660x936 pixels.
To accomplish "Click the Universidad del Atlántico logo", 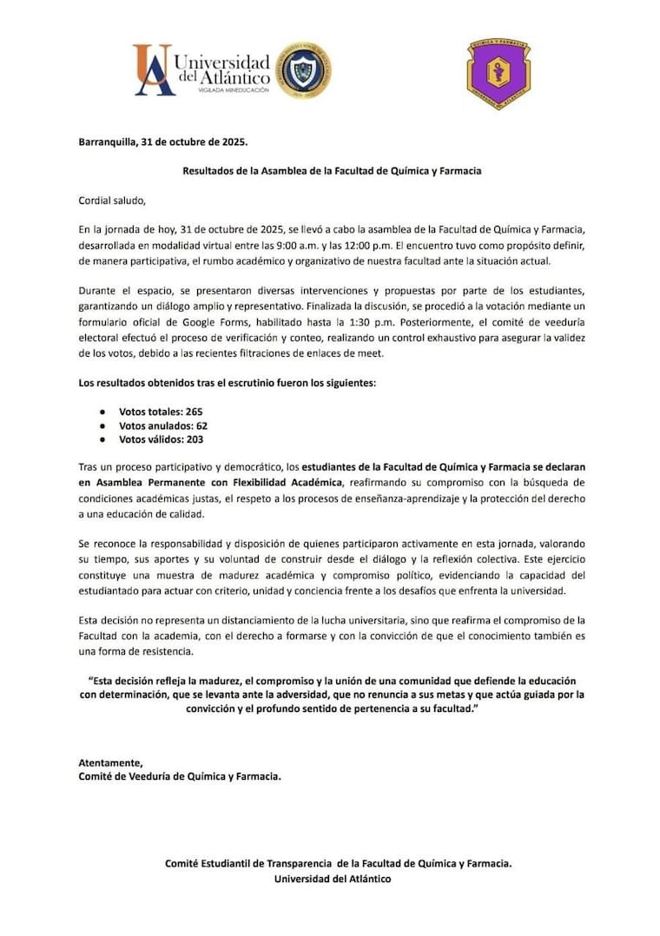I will coord(201,69).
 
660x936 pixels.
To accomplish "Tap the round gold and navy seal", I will coord(302,69).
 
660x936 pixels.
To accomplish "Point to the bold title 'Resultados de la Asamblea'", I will coord(332,171).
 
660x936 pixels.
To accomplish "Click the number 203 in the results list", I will coord(192,439).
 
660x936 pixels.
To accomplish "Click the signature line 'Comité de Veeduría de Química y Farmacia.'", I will coord(180,776).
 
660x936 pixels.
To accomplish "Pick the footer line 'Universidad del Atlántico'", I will coord(332,879).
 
